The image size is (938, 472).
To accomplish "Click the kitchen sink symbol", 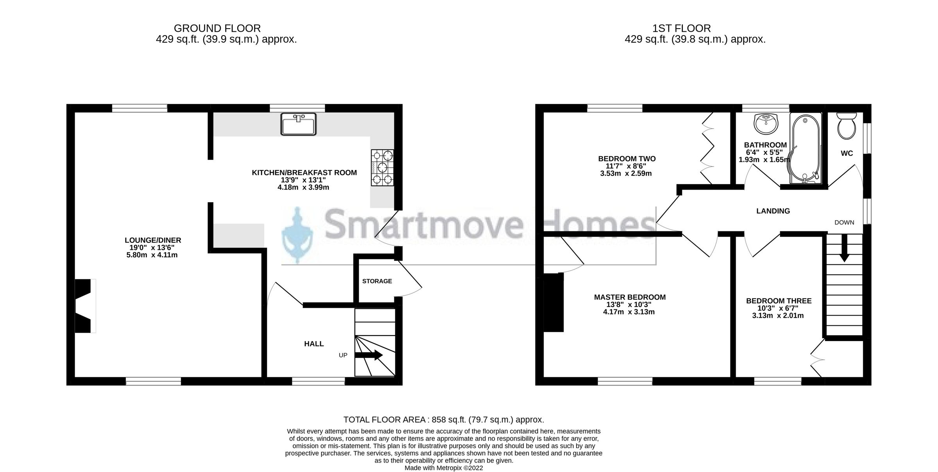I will (x=298, y=124).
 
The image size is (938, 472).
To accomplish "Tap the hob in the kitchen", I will (x=382, y=167).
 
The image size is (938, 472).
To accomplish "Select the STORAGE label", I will (x=377, y=281).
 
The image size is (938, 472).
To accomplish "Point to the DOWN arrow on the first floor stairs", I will (x=844, y=248).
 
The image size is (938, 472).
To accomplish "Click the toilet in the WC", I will (x=846, y=126).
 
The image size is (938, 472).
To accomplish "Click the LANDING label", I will (x=773, y=211).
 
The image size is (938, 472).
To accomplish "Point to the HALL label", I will (x=314, y=344).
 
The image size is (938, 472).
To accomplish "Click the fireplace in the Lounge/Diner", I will (x=84, y=306).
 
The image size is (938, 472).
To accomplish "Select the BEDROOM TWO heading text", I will (x=627, y=159).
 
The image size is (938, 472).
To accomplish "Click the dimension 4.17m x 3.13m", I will (x=628, y=312).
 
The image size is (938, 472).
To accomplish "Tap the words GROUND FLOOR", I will (x=217, y=29).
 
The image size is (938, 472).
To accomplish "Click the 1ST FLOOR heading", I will (x=681, y=29).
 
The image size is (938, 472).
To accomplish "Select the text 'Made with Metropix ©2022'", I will (x=444, y=468).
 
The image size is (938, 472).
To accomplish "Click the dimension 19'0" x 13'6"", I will (x=152, y=248).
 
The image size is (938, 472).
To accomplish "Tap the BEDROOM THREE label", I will (x=779, y=301).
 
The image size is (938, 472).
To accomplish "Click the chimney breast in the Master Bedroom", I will (x=553, y=302).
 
